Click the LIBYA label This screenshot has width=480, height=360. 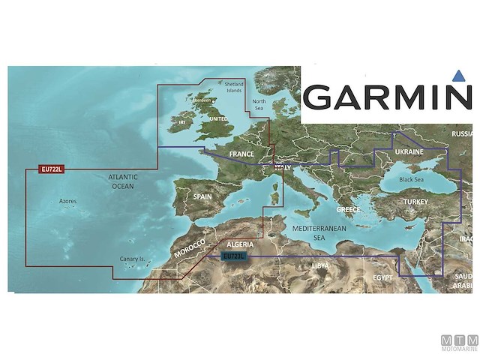pyautogui.click(x=319, y=265)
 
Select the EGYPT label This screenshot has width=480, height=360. pyautogui.click(x=383, y=278)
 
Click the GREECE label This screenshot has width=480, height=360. pyautogui.click(x=348, y=210)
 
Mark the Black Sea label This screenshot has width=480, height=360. pyautogui.click(x=412, y=180)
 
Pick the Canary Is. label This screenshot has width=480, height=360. pyautogui.click(x=131, y=259)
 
